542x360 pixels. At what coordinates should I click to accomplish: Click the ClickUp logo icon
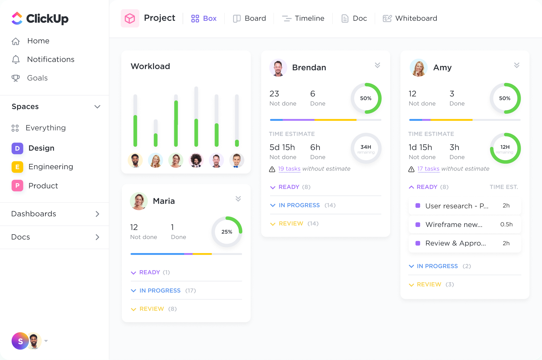click(17, 18)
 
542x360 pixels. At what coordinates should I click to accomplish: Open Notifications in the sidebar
click(50, 59)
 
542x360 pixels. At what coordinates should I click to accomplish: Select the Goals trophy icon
click(15, 78)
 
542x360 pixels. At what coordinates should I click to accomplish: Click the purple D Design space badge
click(17, 148)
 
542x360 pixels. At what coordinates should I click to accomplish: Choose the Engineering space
click(50, 167)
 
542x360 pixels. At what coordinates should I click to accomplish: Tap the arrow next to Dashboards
click(97, 214)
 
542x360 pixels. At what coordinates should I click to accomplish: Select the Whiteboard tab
click(410, 18)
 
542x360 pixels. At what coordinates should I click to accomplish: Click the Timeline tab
click(303, 18)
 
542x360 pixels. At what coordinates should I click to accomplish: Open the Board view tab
click(249, 18)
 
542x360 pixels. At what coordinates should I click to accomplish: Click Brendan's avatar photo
click(278, 67)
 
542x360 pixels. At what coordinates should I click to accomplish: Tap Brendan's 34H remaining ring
click(366, 148)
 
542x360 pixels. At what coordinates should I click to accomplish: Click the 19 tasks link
click(289, 169)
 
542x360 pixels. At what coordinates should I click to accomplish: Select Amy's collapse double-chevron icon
click(516, 65)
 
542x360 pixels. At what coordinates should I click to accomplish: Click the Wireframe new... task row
click(464, 224)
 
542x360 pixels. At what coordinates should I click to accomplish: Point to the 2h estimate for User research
click(506, 206)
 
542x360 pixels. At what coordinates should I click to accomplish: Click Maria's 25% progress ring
click(227, 232)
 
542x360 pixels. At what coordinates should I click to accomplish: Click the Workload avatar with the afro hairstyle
click(196, 160)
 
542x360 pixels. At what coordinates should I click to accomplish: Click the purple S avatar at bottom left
click(20, 341)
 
